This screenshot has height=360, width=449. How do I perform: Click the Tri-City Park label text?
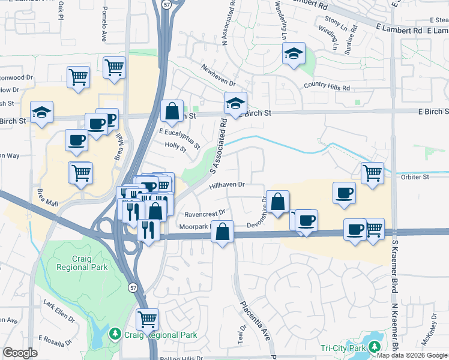(x=343, y=348)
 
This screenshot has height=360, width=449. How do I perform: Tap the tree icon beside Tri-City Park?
(x=375, y=347)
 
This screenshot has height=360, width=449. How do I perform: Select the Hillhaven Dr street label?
(x=228, y=186)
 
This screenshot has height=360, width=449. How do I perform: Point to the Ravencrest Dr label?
(x=205, y=213)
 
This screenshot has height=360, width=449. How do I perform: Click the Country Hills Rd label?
(x=327, y=87)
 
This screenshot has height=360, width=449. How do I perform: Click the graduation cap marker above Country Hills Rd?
(x=294, y=54)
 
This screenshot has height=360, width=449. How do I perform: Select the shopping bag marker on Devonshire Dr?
(x=278, y=202)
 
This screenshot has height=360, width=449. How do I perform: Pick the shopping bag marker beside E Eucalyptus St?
(x=172, y=112)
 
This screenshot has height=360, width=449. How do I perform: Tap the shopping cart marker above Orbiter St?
(x=373, y=173)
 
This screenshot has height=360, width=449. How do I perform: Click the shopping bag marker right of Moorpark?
(x=222, y=232)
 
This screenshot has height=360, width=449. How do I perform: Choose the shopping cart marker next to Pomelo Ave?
(x=113, y=68)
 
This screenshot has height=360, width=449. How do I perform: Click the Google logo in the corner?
(x=20, y=353)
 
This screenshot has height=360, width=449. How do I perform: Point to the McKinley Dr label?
(x=430, y=339)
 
